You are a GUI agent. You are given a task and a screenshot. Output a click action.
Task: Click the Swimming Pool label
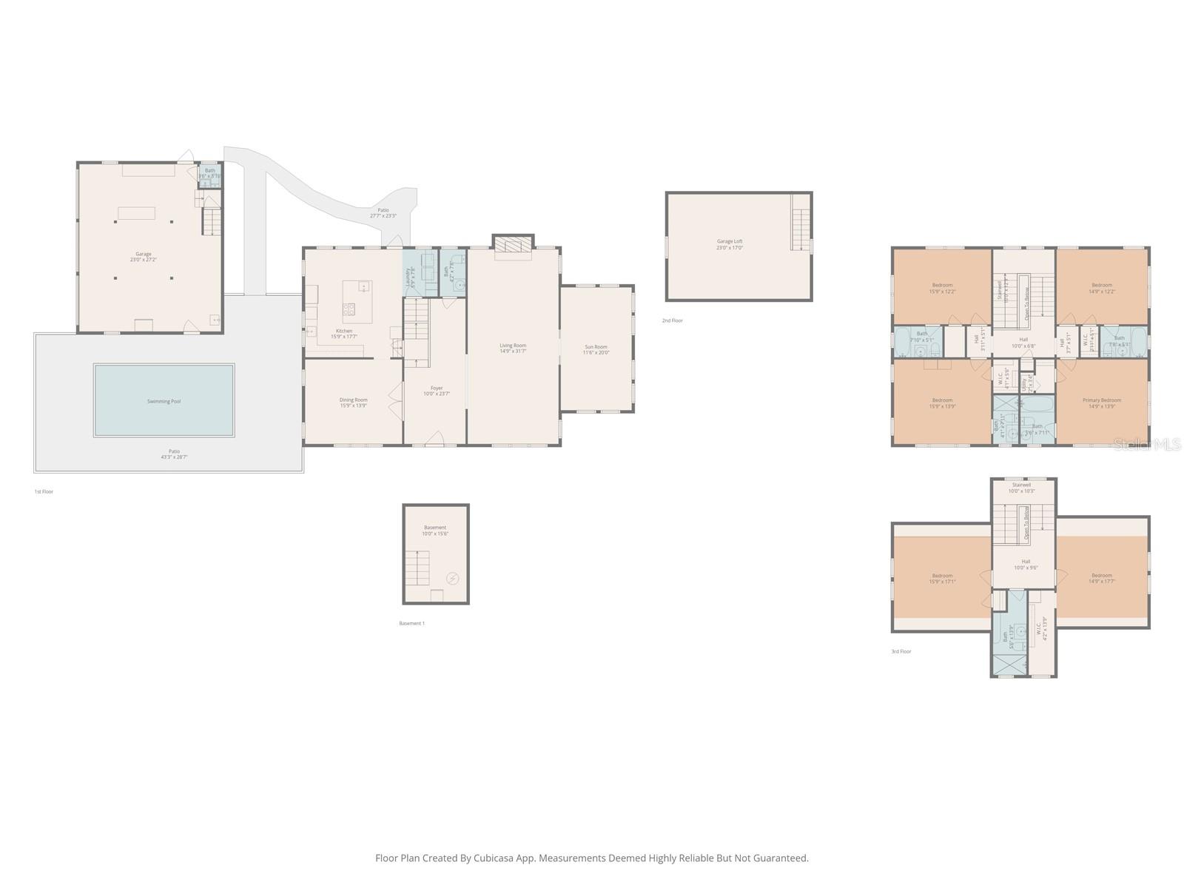point(164,401)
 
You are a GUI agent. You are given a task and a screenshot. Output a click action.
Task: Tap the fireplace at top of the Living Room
point(512,244)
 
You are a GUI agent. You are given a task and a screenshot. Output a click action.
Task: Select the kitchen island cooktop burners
point(348,309)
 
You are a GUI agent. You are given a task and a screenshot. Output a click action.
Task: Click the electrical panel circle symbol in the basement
point(453,578)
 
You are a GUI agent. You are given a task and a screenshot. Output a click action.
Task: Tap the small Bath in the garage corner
point(210,173)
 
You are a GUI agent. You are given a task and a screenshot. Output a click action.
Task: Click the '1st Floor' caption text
point(44,491)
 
